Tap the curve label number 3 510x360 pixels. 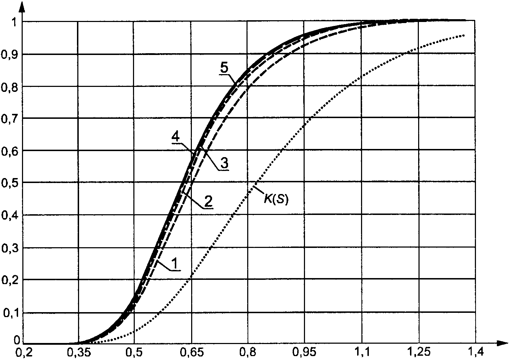click(x=224, y=164)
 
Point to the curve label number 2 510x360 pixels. click(x=209, y=201)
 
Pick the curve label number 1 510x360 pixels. click(x=175, y=264)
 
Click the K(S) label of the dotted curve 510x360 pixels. click(x=276, y=199)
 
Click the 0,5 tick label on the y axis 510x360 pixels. click(x=10, y=183)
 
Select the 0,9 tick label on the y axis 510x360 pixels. click(x=10, y=54)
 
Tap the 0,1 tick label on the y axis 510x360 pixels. click(x=10, y=313)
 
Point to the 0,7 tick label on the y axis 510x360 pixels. click(x=10, y=118)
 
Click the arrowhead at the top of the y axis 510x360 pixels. click(x=23, y=5)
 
